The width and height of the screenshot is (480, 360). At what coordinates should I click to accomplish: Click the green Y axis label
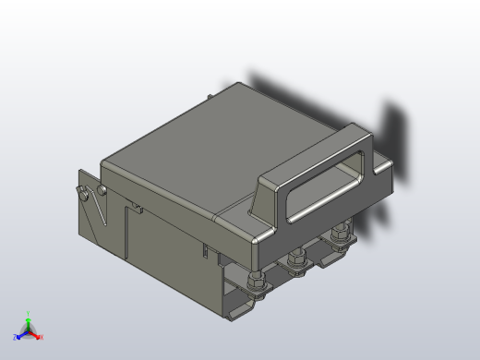(x=28, y=314)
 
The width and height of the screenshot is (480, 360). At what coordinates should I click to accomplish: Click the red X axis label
(x=42, y=337)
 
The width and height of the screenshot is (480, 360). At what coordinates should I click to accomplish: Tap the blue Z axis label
(x=16, y=338)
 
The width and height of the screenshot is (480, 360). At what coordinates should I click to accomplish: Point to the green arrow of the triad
(x=28, y=323)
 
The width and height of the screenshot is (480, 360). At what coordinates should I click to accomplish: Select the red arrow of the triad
(x=35, y=334)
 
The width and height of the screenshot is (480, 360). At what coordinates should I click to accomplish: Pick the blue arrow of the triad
(x=21, y=334)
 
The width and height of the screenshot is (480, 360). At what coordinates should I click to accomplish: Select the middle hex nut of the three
(x=296, y=262)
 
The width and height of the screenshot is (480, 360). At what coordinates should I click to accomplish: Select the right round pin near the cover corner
(x=101, y=190)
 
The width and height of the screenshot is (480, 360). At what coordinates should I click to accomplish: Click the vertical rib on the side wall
(x=124, y=231)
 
